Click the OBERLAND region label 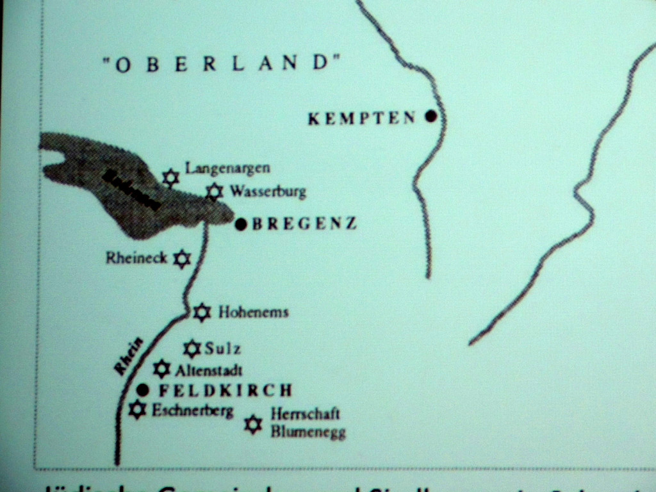221,63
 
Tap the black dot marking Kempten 431,117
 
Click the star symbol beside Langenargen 170,177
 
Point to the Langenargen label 227,168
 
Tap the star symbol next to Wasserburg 215,191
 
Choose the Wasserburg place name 268,191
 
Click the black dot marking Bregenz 242,224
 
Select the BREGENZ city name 304,224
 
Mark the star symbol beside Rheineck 183,259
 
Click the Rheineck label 136,258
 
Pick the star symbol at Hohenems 202,312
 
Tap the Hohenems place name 254,313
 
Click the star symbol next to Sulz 192,348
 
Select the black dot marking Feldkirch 143,389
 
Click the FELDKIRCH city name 225,390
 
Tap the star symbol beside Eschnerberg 137,409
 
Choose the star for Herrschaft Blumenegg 254,424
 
